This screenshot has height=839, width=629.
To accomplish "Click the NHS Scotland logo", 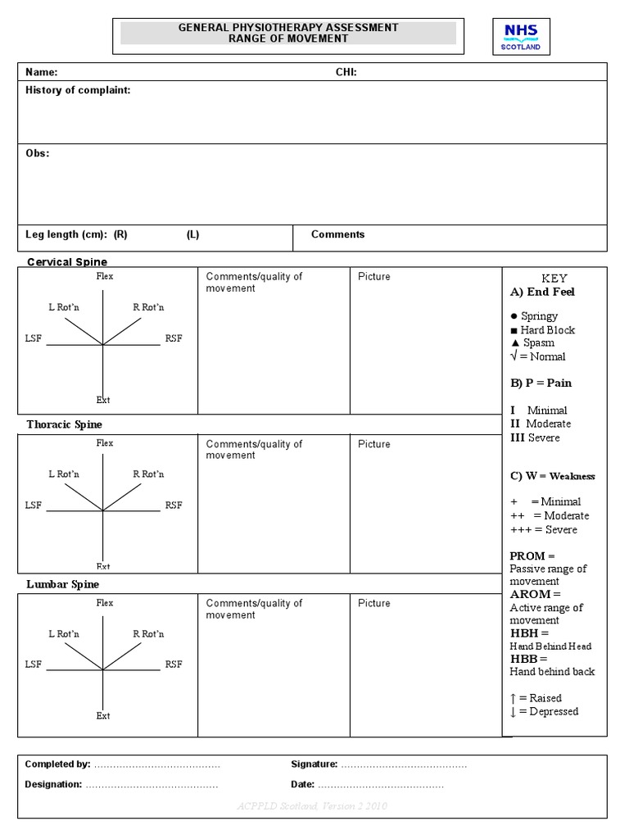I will pos(521,37).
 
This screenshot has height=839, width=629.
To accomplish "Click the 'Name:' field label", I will pos(41,72).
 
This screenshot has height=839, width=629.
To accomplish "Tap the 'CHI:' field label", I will pos(346,72).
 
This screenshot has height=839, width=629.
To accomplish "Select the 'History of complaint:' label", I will pos(78,91).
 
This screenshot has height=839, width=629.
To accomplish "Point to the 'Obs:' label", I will pos(37,154).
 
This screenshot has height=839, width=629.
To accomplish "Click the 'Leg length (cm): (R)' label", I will pos(76,234).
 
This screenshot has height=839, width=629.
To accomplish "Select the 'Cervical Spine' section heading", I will pos(67,262).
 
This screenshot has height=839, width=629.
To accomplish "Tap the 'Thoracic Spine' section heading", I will pos(64,424).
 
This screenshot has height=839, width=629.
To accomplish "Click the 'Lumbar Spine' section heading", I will pos(62,584).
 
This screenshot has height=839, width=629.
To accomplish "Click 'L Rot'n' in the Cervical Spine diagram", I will pos(63,307).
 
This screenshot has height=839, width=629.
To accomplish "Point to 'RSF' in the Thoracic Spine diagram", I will pos(174,506).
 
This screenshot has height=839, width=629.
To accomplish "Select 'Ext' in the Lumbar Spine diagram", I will pos(103,716).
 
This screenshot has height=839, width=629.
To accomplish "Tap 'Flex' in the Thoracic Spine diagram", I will pos(105,443).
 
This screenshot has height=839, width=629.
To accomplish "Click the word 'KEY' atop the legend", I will pos(554,279).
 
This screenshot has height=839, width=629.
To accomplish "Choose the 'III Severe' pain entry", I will pos(535,438).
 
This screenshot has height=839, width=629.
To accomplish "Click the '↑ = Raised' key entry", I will pos(536,698).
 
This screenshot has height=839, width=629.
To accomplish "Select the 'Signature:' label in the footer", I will pos(314,764).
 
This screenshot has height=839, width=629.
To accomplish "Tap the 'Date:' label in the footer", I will pos(302,784).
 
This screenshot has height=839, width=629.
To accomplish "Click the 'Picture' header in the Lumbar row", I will pos(374,603).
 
